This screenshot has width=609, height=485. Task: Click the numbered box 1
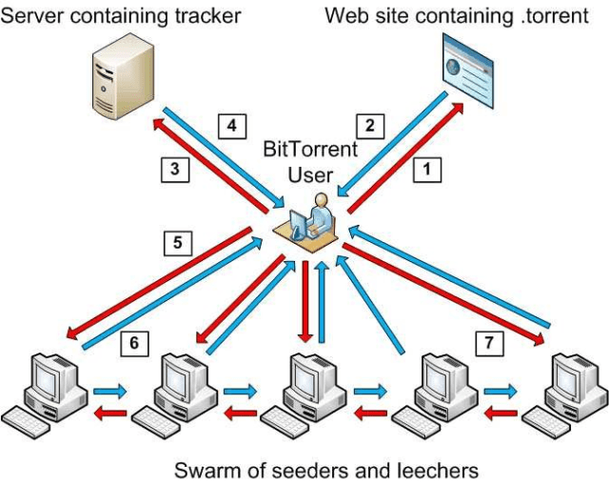pyautogui.click(x=426, y=170)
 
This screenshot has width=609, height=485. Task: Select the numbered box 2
pyautogui.click(x=370, y=125)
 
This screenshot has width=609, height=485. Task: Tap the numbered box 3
pyautogui.click(x=173, y=170)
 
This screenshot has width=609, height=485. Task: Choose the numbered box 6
pyautogui.click(x=136, y=343)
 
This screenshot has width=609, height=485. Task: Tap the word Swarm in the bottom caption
pyautogui.click(x=203, y=470)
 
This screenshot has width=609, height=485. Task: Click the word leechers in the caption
pyautogui.click(x=434, y=470)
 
